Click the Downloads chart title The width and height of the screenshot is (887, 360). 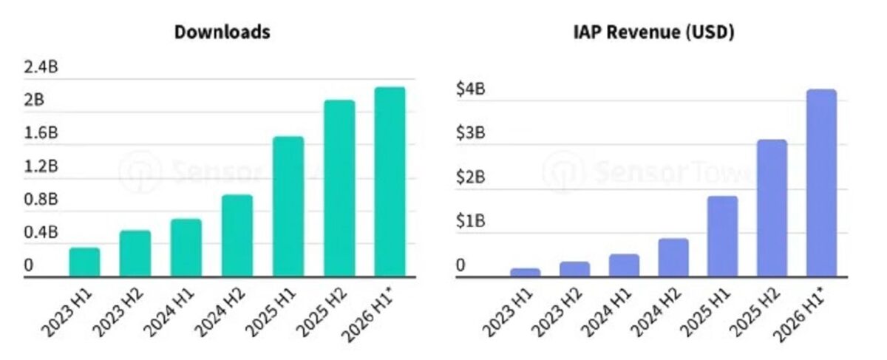tap(222, 32)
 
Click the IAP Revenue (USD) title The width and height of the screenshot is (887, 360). tap(653, 32)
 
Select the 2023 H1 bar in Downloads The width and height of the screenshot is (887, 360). tap(85, 262)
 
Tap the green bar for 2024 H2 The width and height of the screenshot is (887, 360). tap(237, 235)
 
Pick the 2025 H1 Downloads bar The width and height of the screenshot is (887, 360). tap(288, 206)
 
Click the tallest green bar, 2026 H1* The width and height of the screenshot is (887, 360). tap(390, 181)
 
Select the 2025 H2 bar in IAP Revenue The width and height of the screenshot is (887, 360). tap(772, 208)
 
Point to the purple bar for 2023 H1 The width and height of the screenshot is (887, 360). tap(526, 272)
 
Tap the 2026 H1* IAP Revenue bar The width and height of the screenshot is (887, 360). tap(822, 183)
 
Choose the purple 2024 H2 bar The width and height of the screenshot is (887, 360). tap(673, 257)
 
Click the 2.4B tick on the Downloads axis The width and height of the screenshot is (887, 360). tap(41, 67)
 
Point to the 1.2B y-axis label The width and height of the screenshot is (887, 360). tap(41, 166)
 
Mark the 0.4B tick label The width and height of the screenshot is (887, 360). tap(41, 232)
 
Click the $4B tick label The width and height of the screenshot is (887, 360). tap(470, 88)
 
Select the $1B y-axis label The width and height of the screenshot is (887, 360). tap(470, 220)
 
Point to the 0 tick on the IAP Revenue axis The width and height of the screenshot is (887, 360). tap(461, 265)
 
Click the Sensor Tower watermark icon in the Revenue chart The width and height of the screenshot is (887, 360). tap(563, 172)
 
